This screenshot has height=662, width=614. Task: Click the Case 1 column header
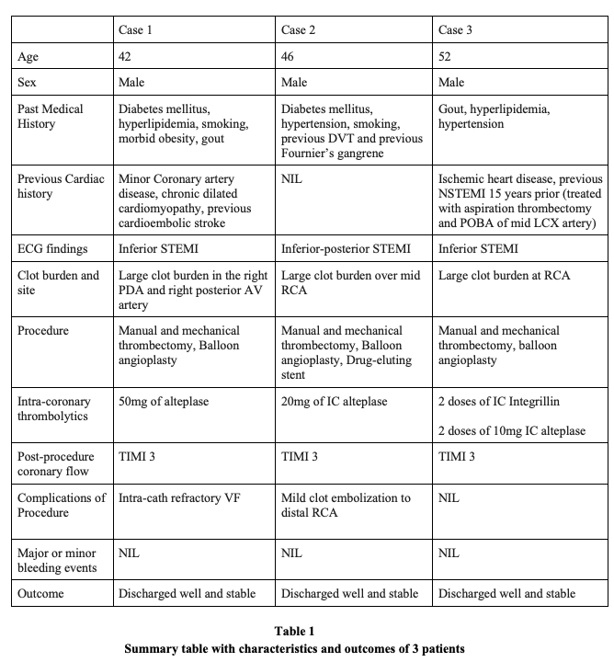coord(135,30)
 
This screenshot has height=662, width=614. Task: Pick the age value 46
coord(289,56)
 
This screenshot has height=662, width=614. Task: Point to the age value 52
coord(446,56)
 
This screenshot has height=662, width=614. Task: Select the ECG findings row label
coord(55,248)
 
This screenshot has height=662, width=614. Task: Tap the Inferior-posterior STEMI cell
coord(346,248)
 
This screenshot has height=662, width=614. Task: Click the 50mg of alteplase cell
coord(169,402)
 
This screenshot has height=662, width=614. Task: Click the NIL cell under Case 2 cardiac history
coord(291,178)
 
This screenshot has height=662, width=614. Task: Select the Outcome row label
coord(41,593)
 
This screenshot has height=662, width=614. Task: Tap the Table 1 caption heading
coord(294,632)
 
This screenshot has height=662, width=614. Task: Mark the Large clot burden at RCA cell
coord(503,275)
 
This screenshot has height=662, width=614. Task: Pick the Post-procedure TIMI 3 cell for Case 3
coord(456,457)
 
